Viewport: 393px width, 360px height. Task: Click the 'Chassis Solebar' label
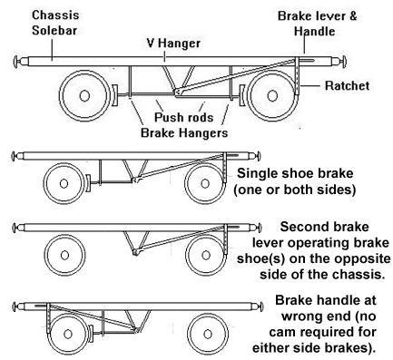click(x=55, y=23)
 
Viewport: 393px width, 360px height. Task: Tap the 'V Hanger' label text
click(x=173, y=44)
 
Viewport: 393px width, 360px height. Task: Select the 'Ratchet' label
click(x=347, y=86)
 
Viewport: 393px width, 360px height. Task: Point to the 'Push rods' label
click(x=184, y=117)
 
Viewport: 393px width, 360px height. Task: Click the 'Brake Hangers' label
click(x=184, y=132)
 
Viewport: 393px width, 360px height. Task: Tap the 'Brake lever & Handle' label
click(x=317, y=24)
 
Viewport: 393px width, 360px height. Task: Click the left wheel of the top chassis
click(x=84, y=96)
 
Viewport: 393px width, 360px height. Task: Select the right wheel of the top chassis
click(x=272, y=96)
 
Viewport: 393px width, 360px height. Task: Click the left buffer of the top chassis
click(x=21, y=62)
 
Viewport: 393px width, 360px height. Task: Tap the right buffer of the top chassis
click(x=339, y=62)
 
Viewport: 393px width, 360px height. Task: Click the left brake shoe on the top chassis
click(x=114, y=96)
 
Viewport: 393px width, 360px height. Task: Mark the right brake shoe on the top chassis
click(x=242, y=96)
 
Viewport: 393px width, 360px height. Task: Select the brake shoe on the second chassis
click(x=88, y=183)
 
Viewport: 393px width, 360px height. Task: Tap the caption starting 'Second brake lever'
click(x=313, y=250)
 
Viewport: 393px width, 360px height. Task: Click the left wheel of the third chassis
click(x=64, y=256)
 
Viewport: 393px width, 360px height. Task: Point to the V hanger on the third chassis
click(x=136, y=243)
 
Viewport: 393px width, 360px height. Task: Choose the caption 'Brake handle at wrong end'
click(x=315, y=324)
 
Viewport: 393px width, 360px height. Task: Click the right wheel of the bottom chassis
click(x=208, y=335)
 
